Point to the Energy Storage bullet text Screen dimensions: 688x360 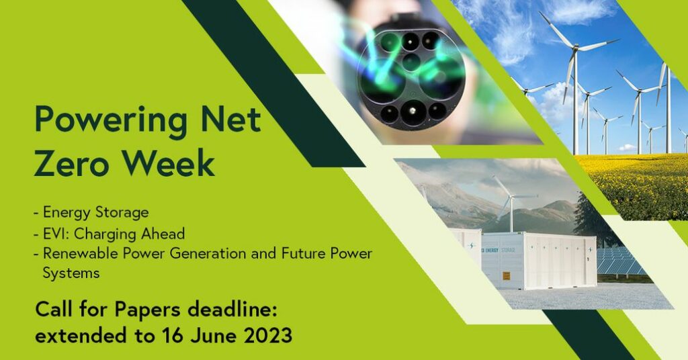click(95, 213)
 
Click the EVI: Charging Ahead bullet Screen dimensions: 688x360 click(114, 234)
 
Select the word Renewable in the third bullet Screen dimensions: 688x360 click(81, 253)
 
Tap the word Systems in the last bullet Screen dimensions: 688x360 click(71, 273)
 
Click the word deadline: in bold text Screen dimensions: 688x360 click(232, 309)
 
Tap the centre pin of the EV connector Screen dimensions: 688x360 click(411, 62)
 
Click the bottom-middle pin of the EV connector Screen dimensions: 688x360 click(412, 111)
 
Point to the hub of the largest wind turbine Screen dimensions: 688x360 click(575, 48)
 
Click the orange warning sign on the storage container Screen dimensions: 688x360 click(507, 276)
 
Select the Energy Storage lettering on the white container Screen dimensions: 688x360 click(500, 250)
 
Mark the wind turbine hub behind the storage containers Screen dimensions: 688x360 click(511, 197)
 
